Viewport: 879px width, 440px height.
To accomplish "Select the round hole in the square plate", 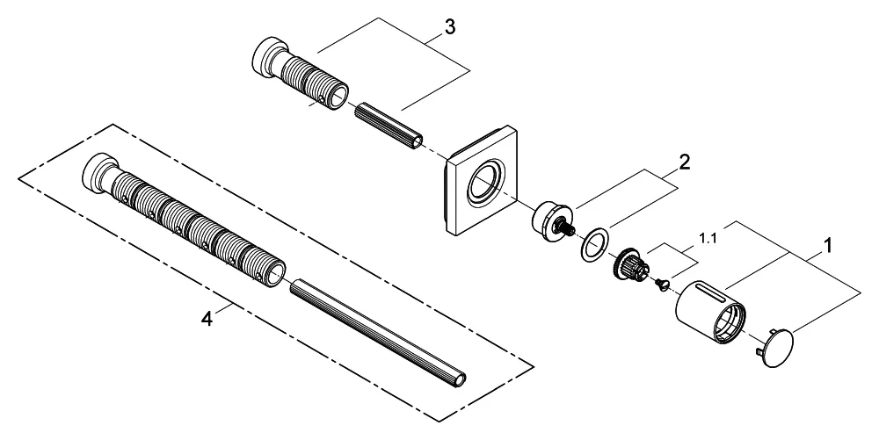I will click(483, 185).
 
